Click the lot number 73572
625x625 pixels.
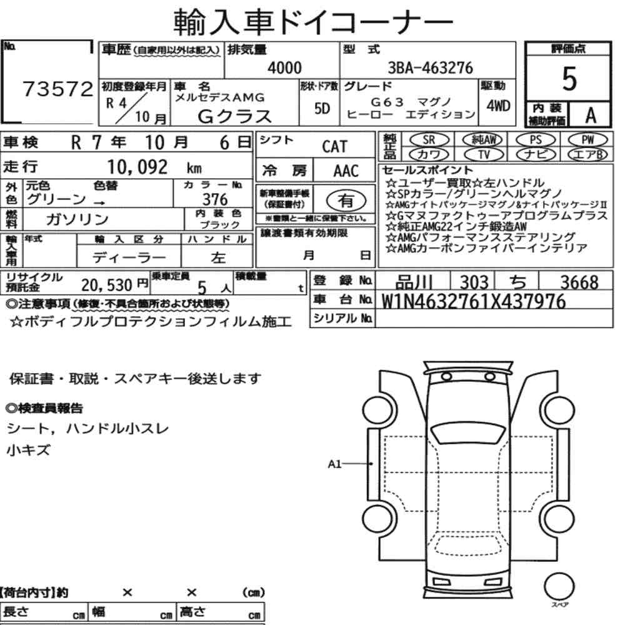tap(57, 89)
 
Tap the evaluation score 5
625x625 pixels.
tap(569, 79)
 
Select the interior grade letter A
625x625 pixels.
tap(591, 116)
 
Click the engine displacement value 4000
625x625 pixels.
tap(284, 67)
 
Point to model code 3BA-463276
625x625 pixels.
tap(430, 67)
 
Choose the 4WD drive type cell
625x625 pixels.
tap(498, 106)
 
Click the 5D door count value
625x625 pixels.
tap(322, 108)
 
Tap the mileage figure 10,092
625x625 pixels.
tap(137, 167)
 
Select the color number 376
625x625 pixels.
tap(215, 199)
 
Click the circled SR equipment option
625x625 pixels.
tap(429, 140)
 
